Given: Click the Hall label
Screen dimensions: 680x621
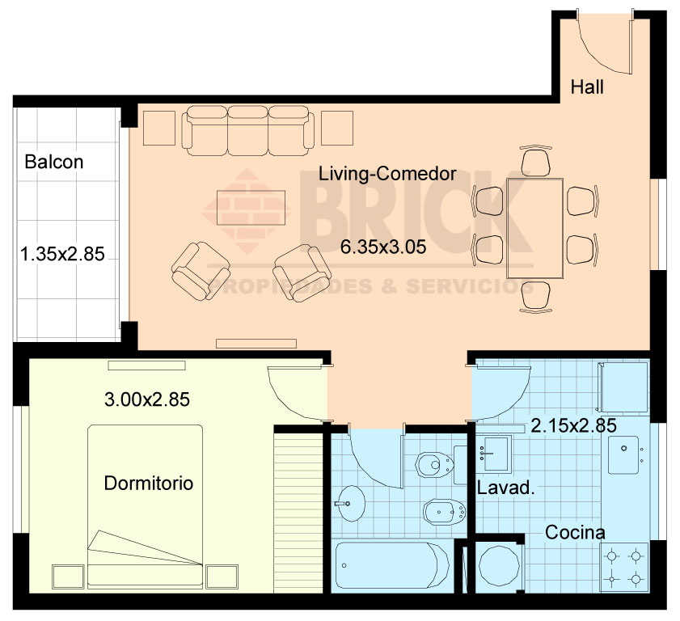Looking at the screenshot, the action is (x=587, y=87).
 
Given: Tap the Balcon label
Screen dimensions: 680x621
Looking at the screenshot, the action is (x=54, y=162).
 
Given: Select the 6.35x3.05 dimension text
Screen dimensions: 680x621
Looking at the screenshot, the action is (x=383, y=247).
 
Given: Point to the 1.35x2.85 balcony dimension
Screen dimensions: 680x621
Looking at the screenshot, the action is (x=62, y=254).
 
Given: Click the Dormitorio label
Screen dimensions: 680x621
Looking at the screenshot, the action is (x=149, y=483).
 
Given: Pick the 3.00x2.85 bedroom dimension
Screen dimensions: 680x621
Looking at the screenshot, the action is (x=147, y=399).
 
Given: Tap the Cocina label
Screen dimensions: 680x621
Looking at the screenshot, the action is (x=575, y=533).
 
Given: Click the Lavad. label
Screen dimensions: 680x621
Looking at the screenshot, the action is (x=505, y=488).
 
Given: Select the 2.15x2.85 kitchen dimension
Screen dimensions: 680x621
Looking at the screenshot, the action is (x=574, y=426).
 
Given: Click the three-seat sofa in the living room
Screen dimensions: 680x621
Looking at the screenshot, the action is (x=248, y=130).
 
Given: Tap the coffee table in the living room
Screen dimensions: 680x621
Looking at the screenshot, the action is (x=251, y=208).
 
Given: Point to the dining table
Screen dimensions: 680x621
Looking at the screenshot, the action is (x=535, y=228).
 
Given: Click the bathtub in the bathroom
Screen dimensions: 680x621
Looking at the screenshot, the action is (x=392, y=565).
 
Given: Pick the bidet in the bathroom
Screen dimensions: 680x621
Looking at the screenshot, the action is (x=445, y=512).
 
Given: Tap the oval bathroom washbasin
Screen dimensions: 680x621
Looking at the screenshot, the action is (x=350, y=504).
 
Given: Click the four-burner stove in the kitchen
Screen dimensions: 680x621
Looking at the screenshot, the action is (x=623, y=567).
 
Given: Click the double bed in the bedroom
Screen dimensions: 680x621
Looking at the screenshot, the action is (x=146, y=506).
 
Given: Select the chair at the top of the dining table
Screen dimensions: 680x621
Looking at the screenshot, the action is (x=535, y=162).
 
